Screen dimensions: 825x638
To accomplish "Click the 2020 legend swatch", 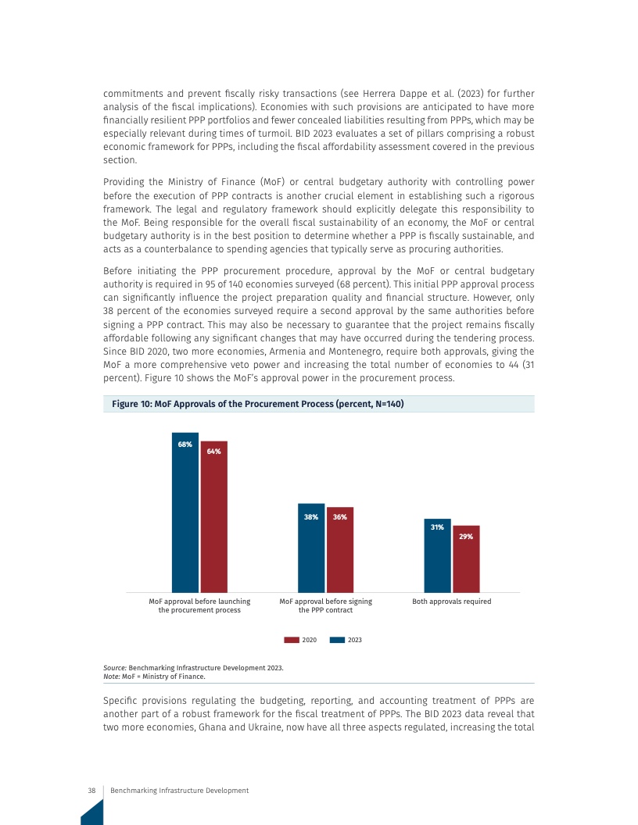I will pos(292,640).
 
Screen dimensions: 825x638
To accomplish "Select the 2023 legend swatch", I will pos(338,640).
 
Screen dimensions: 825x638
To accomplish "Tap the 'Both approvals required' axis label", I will pos(451,602).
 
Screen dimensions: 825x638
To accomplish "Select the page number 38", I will pos(91,791).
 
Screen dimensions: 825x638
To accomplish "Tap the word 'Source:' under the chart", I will pos(115,668).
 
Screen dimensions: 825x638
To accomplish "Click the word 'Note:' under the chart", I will pos(112,677).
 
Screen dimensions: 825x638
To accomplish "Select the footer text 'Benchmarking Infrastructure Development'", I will pos(180,791).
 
